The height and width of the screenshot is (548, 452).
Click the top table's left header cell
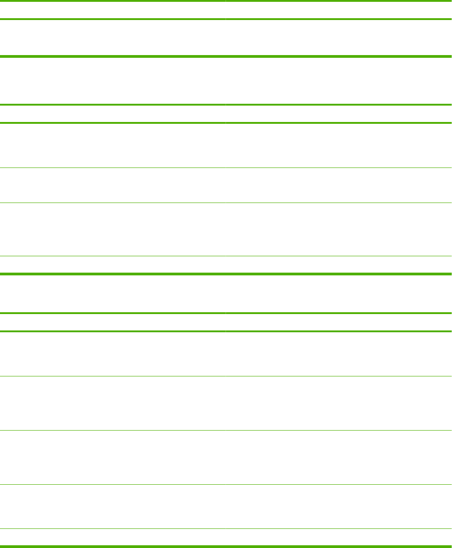point(113,10)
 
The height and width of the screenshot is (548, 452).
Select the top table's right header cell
point(338,10)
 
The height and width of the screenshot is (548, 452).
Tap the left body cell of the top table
point(113,38)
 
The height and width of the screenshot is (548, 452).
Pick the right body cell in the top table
point(338,38)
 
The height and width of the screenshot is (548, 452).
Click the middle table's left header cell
point(113,114)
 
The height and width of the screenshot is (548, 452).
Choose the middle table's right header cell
point(338,114)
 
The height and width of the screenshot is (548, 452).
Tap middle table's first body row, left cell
point(113,145)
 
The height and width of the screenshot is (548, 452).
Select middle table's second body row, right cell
point(338,185)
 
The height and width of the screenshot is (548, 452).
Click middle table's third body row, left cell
point(113,229)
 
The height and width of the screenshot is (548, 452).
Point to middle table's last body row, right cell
point(338,264)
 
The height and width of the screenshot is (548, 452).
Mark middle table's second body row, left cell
point(113,185)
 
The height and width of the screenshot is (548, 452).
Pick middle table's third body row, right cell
point(338,229)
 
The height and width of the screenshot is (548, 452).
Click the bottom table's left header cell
point(113,322)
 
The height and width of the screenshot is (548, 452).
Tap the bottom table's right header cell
point(338,322)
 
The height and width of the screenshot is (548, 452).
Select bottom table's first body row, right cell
point(338,354)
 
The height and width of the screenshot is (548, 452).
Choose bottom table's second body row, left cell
point(113,403)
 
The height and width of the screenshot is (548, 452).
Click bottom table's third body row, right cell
point(338,457)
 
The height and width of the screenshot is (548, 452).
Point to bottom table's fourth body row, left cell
point(113,506)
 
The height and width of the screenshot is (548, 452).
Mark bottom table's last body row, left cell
point(113,537)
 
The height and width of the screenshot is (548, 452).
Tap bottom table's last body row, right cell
point(338,537)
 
